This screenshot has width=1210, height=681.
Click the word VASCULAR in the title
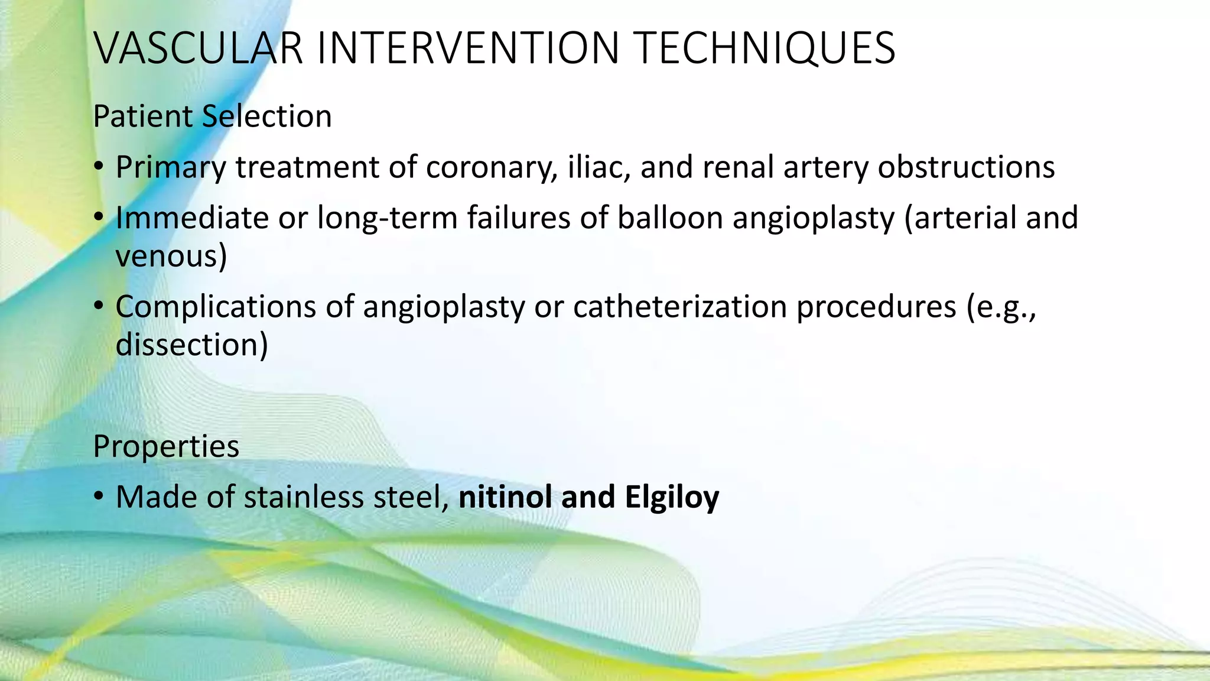[198, 48]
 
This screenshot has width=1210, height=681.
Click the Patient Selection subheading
[212, 116]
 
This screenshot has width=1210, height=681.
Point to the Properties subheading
[166, 446]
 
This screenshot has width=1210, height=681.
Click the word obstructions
[966, 167]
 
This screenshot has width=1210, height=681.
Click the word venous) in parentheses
[171, 257]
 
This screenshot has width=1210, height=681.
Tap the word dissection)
[191, 345]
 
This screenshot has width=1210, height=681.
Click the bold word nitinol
[505, 497]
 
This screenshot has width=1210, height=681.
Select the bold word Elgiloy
[672, 497]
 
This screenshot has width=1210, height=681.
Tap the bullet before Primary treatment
[99, 167]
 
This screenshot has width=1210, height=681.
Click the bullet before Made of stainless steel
[99, 497]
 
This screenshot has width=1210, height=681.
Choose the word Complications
[216, 307]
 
